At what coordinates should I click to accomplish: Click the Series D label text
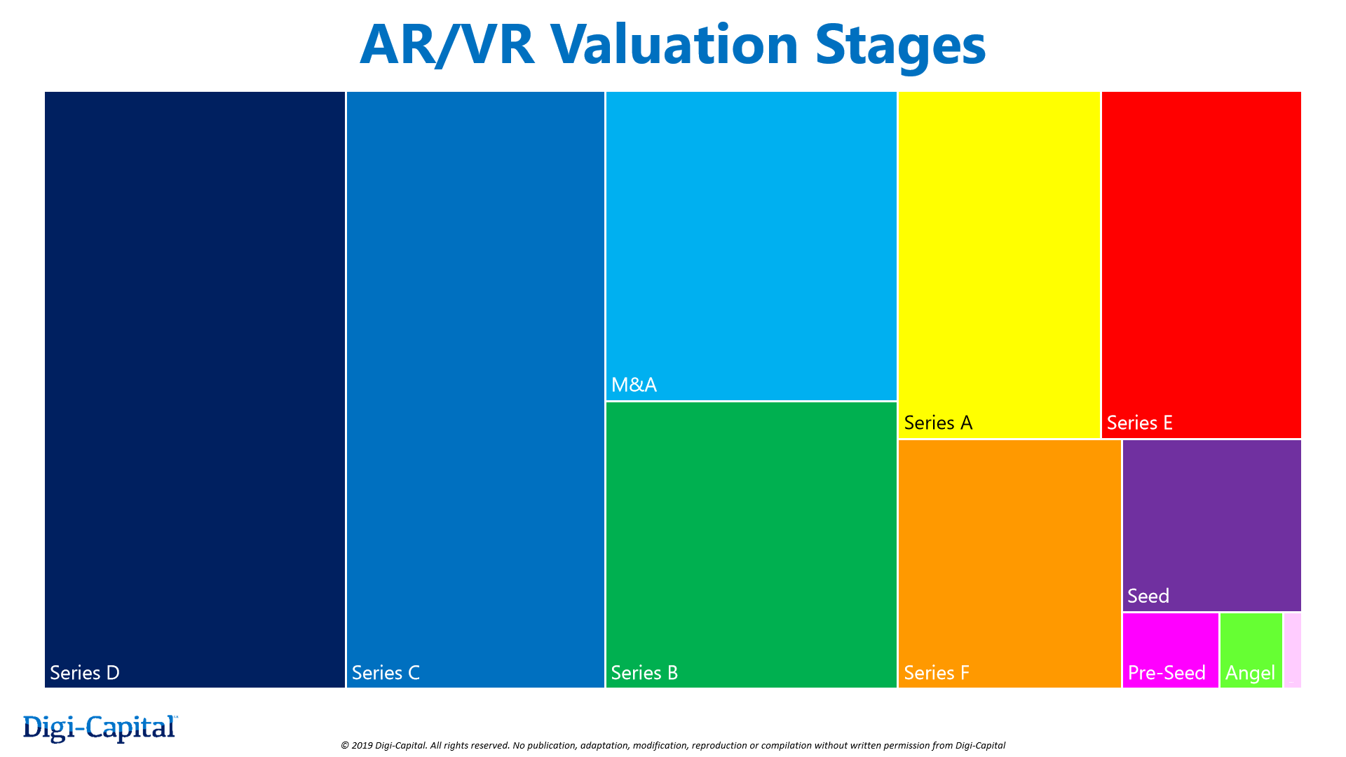coord(85,673)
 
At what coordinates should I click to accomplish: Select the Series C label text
coord(386,673)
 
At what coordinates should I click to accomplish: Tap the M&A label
coord(634,385)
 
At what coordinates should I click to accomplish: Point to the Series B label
coord(644,673)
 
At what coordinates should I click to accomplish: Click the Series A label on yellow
coord(938,423)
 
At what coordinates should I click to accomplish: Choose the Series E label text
coord(1139,423)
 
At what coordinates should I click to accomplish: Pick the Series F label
coord(936,673)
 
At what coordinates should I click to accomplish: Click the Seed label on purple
coord(1148,596)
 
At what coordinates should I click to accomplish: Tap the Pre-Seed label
coord(1167,673)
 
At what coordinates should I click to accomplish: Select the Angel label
coord(1250,674)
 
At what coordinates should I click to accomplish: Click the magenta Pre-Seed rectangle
coord(1170,638)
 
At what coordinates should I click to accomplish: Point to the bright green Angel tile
coord(1251,638)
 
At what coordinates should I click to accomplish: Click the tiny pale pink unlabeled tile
coord(1293,650)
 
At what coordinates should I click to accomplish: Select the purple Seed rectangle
coord(1211,519)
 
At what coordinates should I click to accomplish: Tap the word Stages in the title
coord(900,46)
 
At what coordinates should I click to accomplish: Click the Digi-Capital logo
coord(100,728)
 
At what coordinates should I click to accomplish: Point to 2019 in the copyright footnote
coord(361,745)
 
